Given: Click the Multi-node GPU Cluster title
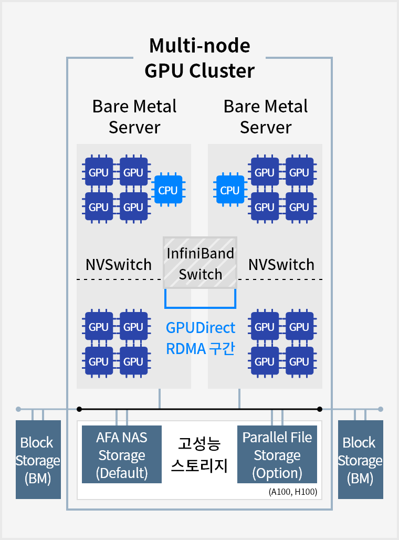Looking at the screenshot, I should click(199, 58).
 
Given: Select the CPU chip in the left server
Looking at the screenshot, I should click(168, 190).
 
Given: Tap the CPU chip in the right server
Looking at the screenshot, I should click(229, 190).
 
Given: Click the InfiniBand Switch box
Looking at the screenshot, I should click(200, 263).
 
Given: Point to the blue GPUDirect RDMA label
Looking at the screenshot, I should click(201, 338).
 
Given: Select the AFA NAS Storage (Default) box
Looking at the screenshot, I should click(122, 455).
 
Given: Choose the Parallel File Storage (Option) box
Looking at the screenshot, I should click(277, 455).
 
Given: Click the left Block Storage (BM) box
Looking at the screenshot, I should click(38, 460).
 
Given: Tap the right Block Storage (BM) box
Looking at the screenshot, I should click(360, 460).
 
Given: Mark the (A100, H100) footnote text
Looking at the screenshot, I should click(292, 492).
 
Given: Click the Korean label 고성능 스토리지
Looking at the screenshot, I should click(199, 455).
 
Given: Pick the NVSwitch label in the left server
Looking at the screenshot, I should click(118, 264).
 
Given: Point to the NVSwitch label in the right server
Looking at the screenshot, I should click(281, 264).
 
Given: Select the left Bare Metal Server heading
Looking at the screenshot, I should click(134, 117).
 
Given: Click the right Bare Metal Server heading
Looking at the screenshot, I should click(266, 117).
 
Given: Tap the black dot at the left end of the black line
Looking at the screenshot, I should click(79, 409).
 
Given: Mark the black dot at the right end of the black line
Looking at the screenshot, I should click(319, 409).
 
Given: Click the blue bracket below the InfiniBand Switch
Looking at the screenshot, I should click(200, 306).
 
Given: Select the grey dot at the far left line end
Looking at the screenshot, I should click(18, 409).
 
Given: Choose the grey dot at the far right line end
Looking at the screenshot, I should click(381, 409).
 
